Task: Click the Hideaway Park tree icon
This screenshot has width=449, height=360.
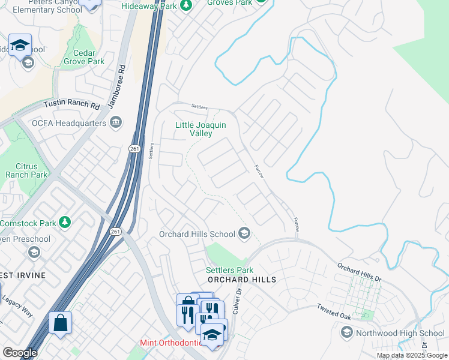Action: point(186,5)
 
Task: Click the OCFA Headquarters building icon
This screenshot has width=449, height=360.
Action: point(116,123)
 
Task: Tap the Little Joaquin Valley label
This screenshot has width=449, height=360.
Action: point(200,130)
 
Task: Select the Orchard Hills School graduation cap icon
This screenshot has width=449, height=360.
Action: point(244,233)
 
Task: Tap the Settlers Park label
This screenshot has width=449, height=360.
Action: point(229,271)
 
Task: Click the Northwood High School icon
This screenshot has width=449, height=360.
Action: point(346,332)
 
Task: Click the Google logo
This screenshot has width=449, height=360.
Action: point(19,353)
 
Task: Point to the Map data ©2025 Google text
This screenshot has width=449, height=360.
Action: point(411,355)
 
